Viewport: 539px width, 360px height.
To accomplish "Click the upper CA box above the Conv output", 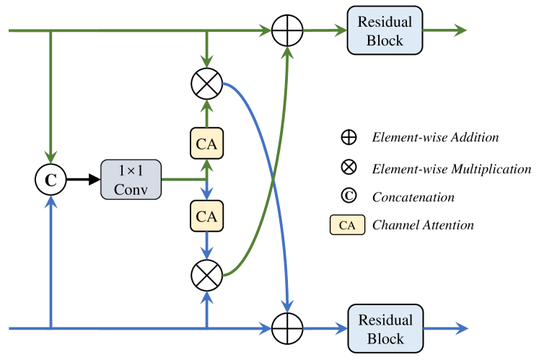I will pos(207,142).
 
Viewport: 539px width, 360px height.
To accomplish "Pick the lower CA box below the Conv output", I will pos(207,216).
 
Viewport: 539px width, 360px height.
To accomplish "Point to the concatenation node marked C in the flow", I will pos(51,180).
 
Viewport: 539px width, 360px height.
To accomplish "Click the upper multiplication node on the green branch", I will pos(207,85).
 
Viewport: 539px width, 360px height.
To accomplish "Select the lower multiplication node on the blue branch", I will pos(207,275).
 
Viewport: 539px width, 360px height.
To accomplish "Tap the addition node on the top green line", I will pos(288,31).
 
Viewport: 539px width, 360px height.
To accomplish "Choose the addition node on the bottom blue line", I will pos(288,330).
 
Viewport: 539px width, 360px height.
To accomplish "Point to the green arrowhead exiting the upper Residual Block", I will pos(460,31).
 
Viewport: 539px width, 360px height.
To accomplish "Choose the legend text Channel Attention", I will pos(423,225).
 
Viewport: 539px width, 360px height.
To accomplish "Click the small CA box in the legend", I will pos(347,225).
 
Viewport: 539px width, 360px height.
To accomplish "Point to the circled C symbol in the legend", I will pos(348,196).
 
